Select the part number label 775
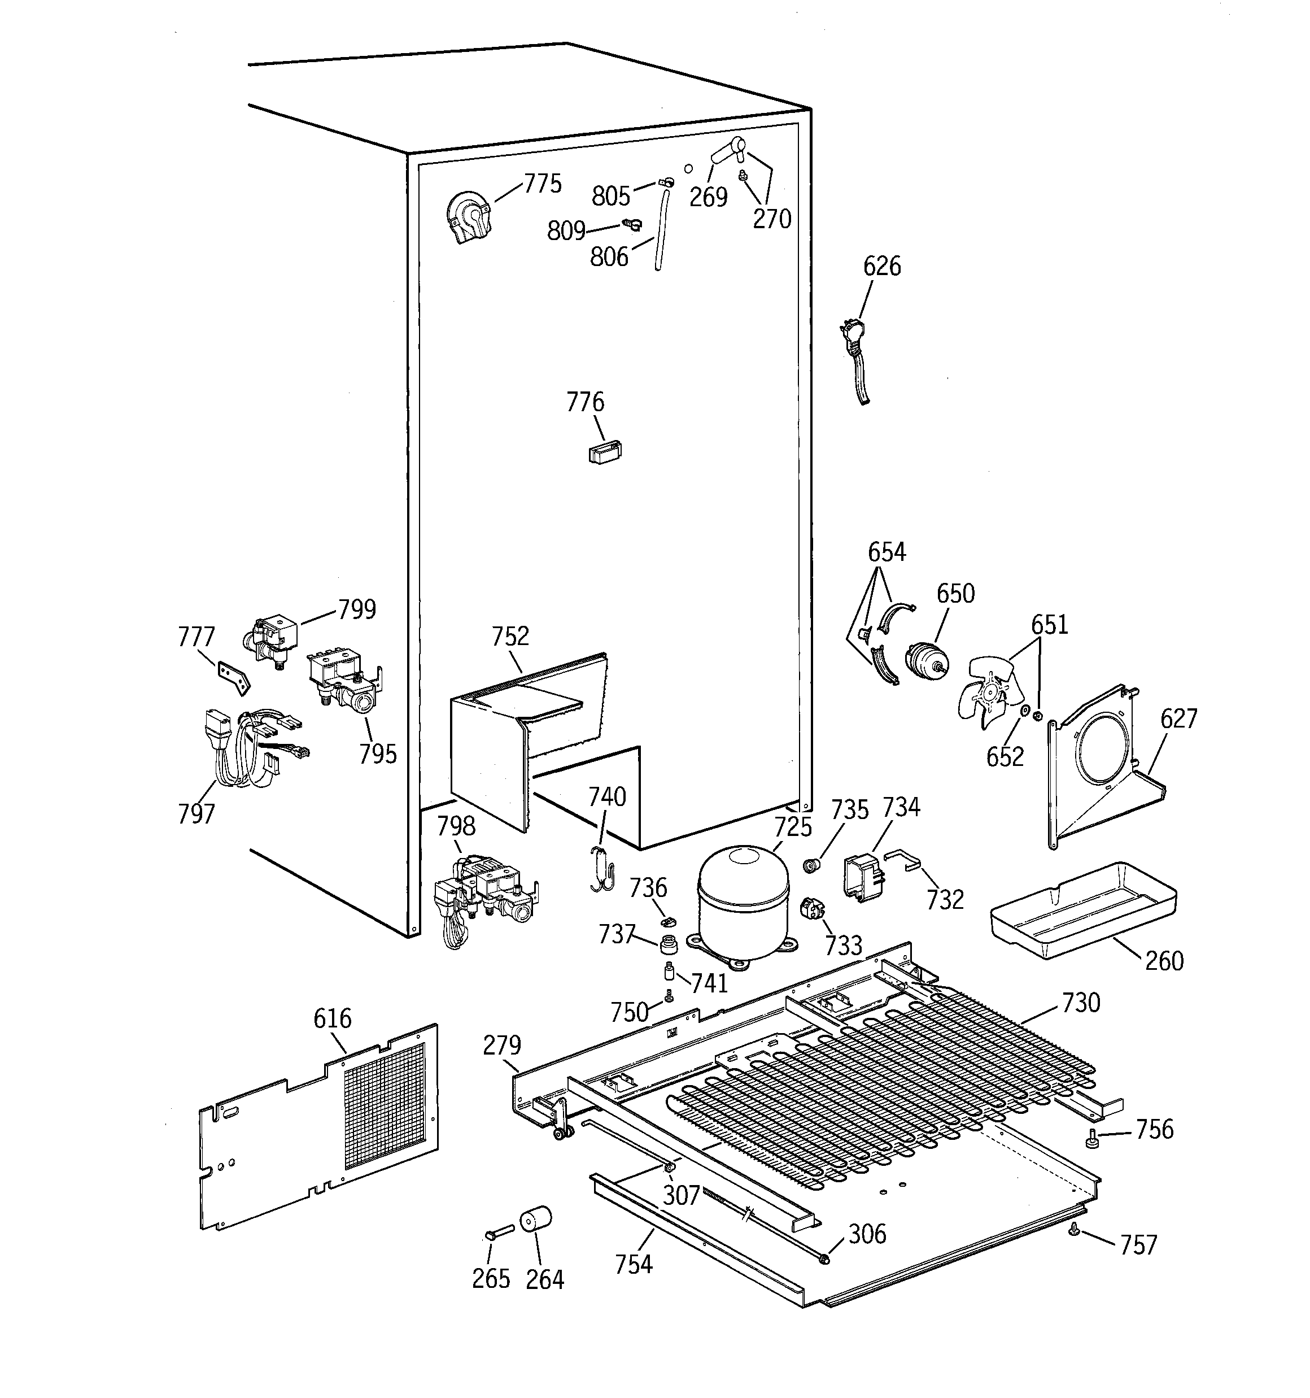[543, 184]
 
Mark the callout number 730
[1080, 1002]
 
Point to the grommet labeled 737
[669, 943]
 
